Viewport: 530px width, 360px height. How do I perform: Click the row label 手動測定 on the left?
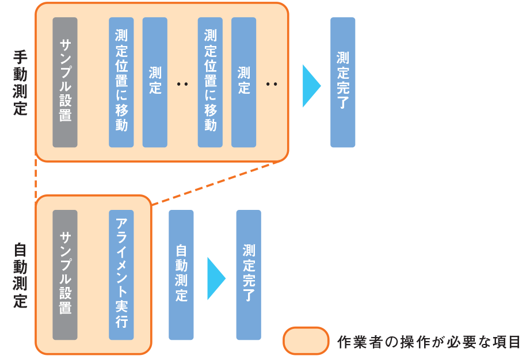click(x=20, y=83)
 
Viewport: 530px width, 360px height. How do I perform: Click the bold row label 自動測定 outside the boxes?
click(x=20, y=275)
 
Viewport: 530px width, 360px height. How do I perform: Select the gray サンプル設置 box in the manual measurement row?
click(x=65, y=82)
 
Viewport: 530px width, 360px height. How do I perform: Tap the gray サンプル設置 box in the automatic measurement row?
click(x=65, y=275)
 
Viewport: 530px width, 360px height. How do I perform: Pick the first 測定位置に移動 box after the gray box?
click(x=121, y=82)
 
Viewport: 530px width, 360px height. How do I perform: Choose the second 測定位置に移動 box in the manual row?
click(x=210, y=82)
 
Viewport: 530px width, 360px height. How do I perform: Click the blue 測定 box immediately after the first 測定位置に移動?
click(x=155, y=82)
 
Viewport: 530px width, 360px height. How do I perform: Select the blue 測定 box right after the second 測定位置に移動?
click(x=243, y=82)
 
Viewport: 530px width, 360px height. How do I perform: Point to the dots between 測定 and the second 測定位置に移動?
click(x=182, y=85)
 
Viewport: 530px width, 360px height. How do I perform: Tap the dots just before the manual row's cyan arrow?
click(x=272, y=85)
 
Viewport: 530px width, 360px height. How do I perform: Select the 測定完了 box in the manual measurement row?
click(x=342, y=82)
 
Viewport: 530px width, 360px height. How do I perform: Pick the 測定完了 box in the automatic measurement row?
click(x=249, y=275)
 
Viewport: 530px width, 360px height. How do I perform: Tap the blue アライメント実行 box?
click(x=121, y=275)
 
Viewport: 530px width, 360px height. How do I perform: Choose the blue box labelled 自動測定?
click(x=181, y=275)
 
